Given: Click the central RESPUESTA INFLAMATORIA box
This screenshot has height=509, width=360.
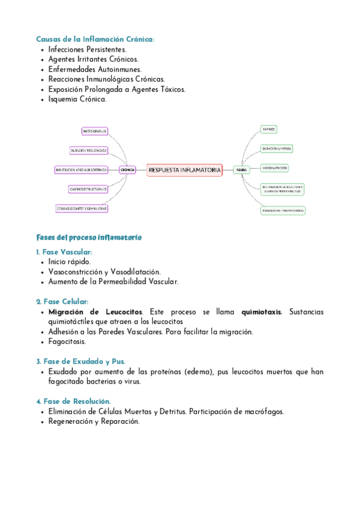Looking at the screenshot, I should coord(184,170).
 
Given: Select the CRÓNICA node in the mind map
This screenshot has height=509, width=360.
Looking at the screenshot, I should coord(127,170).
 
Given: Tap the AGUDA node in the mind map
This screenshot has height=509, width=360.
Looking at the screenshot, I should coord(241,170).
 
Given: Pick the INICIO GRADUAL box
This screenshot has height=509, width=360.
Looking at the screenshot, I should coord(95,131).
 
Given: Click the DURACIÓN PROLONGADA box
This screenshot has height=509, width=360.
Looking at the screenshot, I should coord(89,150).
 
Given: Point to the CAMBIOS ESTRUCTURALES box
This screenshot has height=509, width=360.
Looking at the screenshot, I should coord(88,189).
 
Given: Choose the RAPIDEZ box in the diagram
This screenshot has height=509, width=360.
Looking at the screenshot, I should coord(269,129).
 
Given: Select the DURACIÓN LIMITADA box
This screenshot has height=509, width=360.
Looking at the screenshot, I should coord(277,148).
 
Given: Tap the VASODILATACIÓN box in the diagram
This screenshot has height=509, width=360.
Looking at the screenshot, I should coord(275,167).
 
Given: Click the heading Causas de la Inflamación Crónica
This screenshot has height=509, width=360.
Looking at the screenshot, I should coord(95,39).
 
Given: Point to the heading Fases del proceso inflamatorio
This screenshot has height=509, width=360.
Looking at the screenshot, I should coord(89,237).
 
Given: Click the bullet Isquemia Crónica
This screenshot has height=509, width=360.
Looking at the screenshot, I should coord(77,99).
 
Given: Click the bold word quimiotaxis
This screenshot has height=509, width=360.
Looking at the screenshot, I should coord(262,312).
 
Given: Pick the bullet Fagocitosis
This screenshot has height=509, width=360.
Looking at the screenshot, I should coord(67,342).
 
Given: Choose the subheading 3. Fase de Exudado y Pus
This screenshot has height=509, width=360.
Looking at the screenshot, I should coord(80,361).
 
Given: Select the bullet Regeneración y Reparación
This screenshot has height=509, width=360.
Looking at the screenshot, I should coord(94,421).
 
